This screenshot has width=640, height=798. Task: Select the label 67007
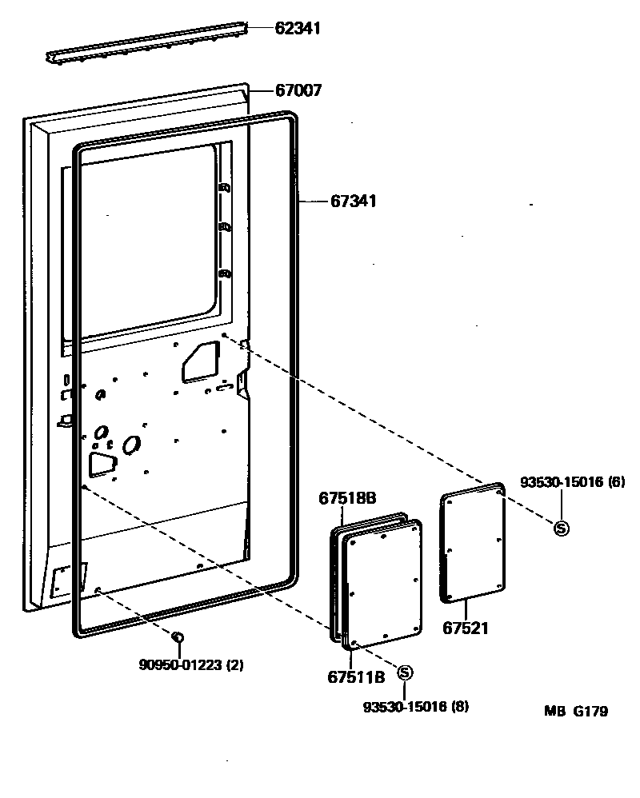pos(298,91)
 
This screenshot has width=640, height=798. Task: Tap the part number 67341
pos(353,201)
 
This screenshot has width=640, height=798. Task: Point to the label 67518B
pos(347,498)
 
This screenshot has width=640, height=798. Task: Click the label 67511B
pos(356,676)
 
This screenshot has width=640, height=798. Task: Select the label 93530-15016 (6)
pos(572,482)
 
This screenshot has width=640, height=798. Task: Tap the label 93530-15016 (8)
pos(415,706)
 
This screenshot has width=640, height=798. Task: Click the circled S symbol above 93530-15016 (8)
pos(404,672)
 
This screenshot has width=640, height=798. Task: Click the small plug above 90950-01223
pos(178,636)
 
